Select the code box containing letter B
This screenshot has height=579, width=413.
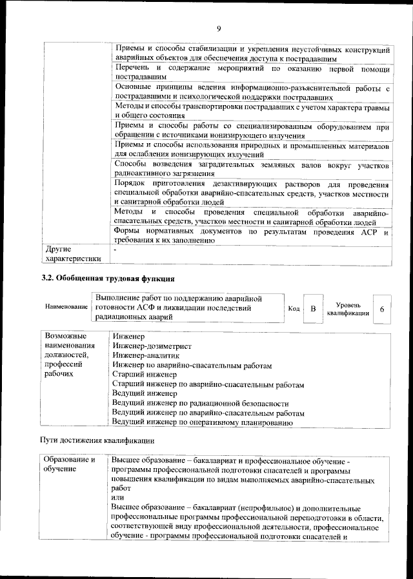[313, 309]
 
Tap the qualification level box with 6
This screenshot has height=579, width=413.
[382, 309]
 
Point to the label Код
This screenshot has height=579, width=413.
[293, 309]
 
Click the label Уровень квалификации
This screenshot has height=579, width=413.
[348, 309]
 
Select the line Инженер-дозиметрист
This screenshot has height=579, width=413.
[152, 346]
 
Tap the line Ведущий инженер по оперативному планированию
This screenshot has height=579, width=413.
[203, 422]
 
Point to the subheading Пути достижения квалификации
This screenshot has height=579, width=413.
[98, 441]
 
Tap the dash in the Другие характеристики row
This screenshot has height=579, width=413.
[115, 249]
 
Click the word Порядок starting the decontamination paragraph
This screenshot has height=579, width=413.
[131, 184]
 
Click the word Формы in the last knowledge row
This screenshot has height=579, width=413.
[128, 231]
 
